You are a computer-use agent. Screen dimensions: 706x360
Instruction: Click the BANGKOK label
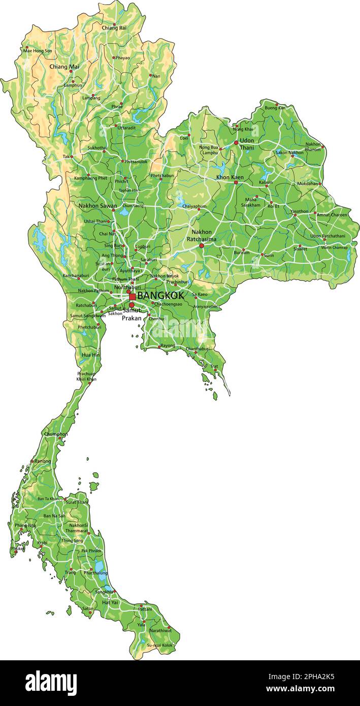click(160, 295)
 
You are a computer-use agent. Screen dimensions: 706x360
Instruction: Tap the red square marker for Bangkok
click(133, 297)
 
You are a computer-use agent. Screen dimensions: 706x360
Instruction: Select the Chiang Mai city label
click(64, 67)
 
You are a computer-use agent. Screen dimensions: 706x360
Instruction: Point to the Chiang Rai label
click(114, 28)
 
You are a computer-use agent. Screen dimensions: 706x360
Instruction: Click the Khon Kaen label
click(230, 177)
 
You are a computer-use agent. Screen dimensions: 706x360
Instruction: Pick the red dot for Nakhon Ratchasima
click(202, 246)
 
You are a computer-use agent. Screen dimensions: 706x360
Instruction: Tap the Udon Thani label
click(247, 144)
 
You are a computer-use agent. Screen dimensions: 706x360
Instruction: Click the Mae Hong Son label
click(38, 51)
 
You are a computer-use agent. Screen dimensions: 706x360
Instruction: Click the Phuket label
click(17, 549)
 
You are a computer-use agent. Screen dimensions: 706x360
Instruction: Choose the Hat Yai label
click(110, 602)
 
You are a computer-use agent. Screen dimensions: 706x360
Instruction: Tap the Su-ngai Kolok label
click(159, 645)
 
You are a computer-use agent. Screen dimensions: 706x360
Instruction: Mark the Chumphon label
click(56, 434)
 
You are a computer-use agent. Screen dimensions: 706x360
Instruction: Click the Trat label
click(214, 366)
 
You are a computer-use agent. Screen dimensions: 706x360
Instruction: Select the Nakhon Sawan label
click(97, 206)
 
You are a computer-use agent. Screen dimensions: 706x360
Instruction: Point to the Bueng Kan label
click(275, 108)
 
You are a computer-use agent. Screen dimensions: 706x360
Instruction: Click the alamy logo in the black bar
click(51, 683)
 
